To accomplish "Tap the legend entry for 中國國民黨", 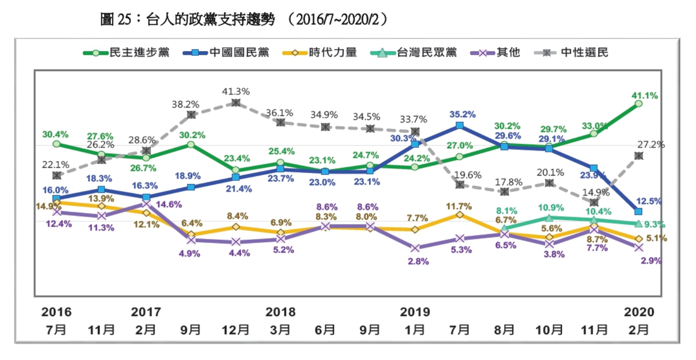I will [239, 53].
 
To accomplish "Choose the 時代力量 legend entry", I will [333, 53].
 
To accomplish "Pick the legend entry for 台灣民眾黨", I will [426, 53].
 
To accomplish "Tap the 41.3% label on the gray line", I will [236, 92].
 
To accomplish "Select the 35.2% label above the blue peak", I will [463, 115].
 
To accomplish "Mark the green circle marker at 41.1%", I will [638, 104].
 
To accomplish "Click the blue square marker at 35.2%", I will [459, 126].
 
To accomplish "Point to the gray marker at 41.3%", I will [236, 103].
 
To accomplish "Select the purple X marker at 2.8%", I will [415, 248].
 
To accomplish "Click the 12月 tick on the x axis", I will [236, 330].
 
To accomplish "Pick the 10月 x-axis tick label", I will [549, 330].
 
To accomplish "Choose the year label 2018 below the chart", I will [280, 312].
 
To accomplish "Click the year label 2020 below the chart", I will [639, 312].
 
